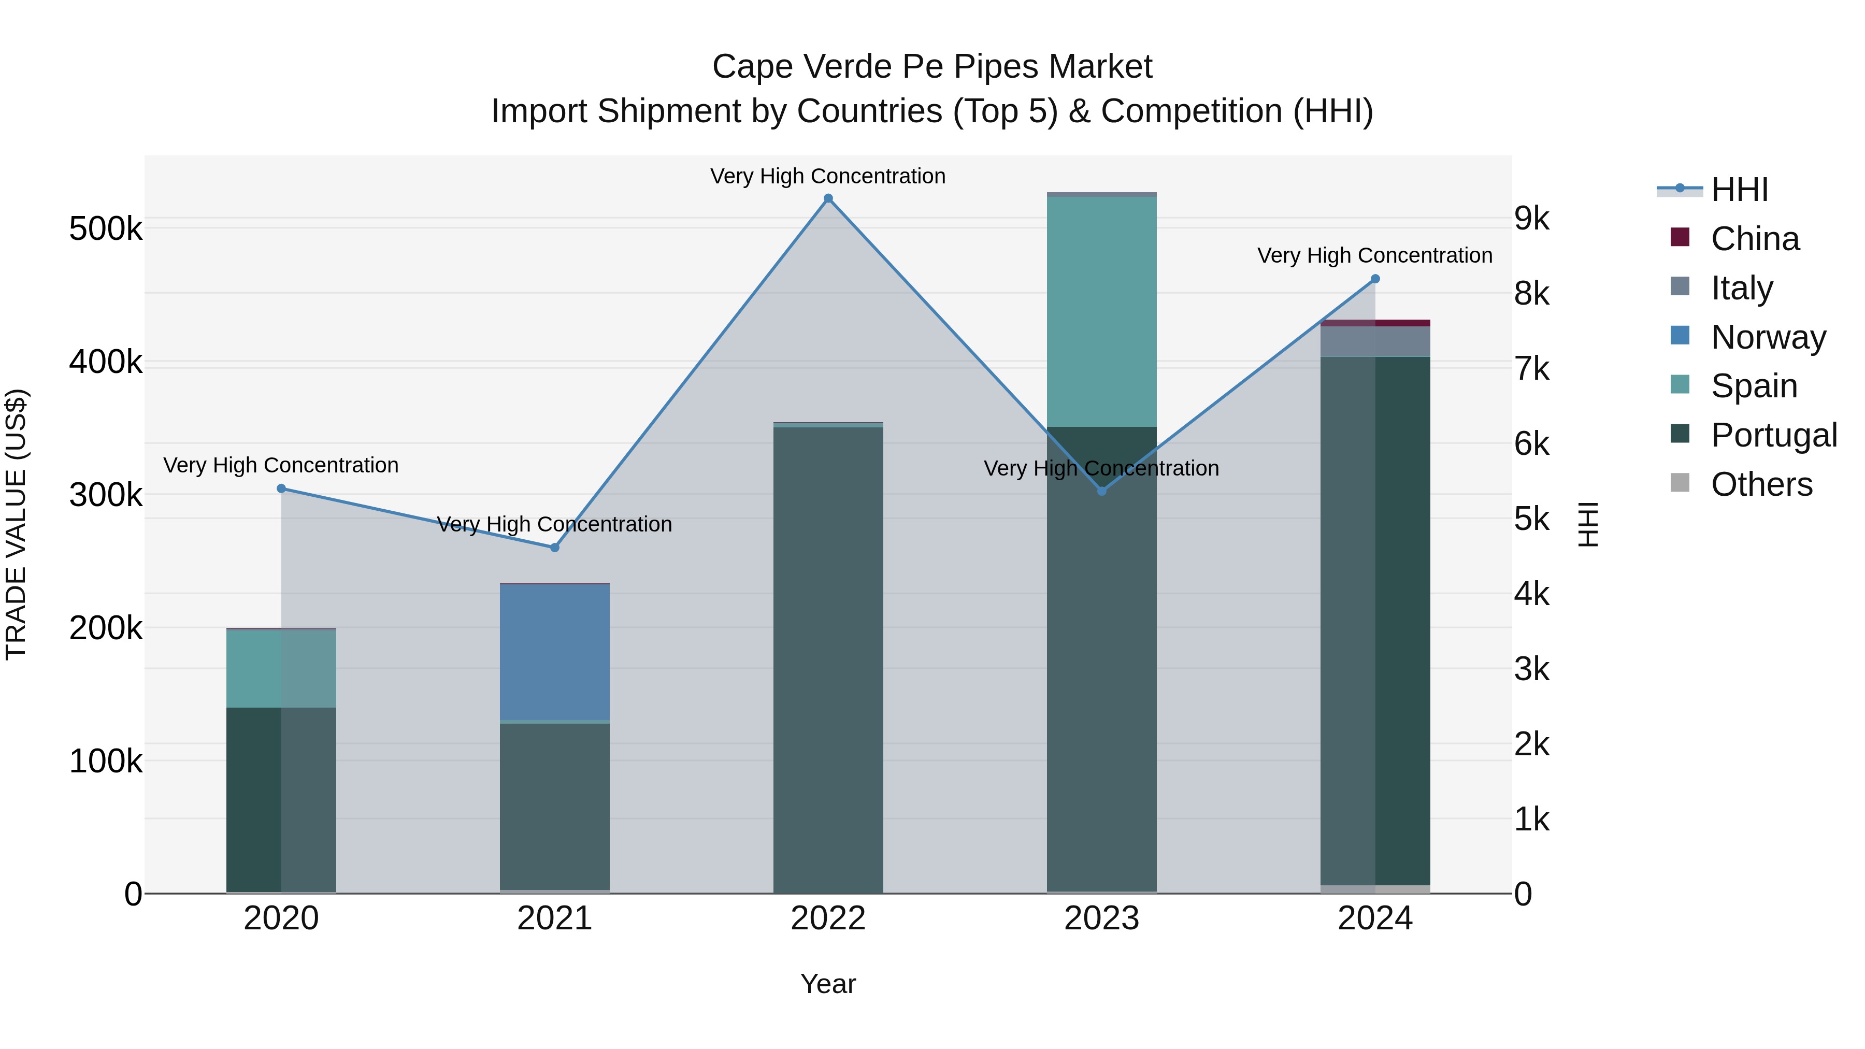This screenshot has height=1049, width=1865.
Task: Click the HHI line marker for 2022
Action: (828, 198)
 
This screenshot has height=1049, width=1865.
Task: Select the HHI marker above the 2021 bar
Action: (554, 548)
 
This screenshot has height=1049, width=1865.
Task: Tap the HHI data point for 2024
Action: (1375, 279)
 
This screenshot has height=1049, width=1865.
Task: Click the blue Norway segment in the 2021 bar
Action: (554, 652)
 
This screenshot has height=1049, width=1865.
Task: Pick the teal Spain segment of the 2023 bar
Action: (1101, 311)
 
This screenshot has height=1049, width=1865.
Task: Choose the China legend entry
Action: (1754, 239)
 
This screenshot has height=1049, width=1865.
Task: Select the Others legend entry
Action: (1761, 484)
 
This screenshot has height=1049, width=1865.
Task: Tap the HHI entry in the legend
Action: (1739, 190)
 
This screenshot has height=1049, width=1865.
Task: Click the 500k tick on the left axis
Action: (106, 229)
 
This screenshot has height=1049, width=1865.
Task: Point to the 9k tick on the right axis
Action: (1531, 219)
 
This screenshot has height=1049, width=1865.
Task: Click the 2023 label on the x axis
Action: (1101, 918)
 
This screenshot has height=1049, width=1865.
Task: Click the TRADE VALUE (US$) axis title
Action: (16, 524)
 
